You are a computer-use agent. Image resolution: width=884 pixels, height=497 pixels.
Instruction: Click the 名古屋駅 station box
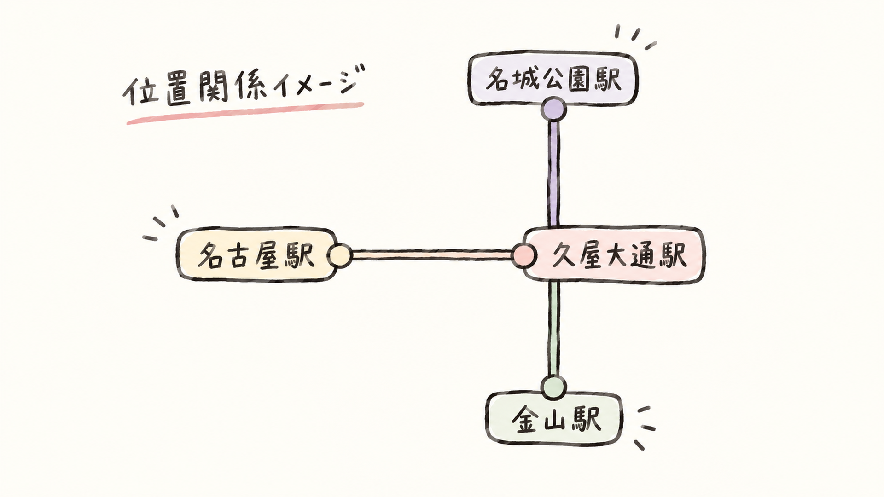click(x=257, y=254)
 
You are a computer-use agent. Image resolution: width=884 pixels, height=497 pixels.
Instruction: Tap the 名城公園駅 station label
click(x=553, y=79)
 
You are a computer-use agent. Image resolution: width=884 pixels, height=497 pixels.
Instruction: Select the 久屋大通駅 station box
click(x=614, y=254)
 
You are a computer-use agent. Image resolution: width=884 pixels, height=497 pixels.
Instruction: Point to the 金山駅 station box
click(x=554, y=418)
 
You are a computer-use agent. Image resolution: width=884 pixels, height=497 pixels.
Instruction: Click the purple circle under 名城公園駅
click(x=553, y=110)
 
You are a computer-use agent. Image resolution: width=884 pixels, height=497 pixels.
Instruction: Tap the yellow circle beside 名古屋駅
click(x=340, y=255)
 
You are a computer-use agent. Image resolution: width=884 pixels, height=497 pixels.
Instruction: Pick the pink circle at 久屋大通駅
click(x=524, y=255)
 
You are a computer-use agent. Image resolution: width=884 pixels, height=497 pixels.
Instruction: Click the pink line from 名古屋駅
click(x=432, y=255)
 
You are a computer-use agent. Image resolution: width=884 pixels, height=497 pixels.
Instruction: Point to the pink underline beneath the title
click(x=245, y=113)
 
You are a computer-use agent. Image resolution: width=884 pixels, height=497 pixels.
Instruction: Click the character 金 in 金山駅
click(x=525, y=419)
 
